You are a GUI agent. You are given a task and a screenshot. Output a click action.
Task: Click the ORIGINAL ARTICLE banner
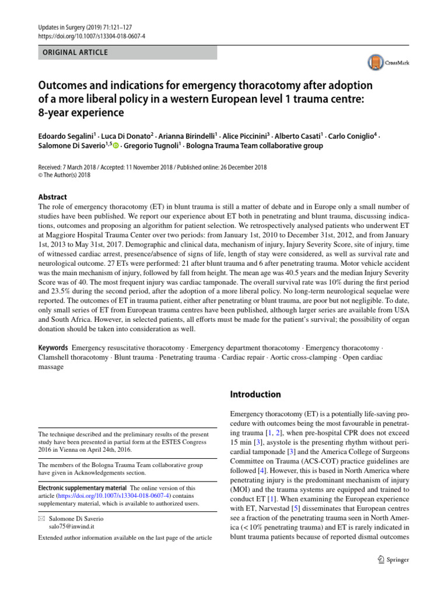(x=127, y=52)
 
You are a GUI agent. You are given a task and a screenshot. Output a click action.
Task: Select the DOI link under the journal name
(x=92, y=36)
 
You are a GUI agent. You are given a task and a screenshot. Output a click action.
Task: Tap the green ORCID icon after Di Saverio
(x=116, y=146)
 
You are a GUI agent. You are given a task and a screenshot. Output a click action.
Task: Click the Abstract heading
(x=52, y=197)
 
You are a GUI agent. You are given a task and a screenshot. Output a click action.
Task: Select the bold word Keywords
(x=52, y=347)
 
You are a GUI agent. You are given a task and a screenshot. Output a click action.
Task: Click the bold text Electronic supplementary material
(x=82, y=487)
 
